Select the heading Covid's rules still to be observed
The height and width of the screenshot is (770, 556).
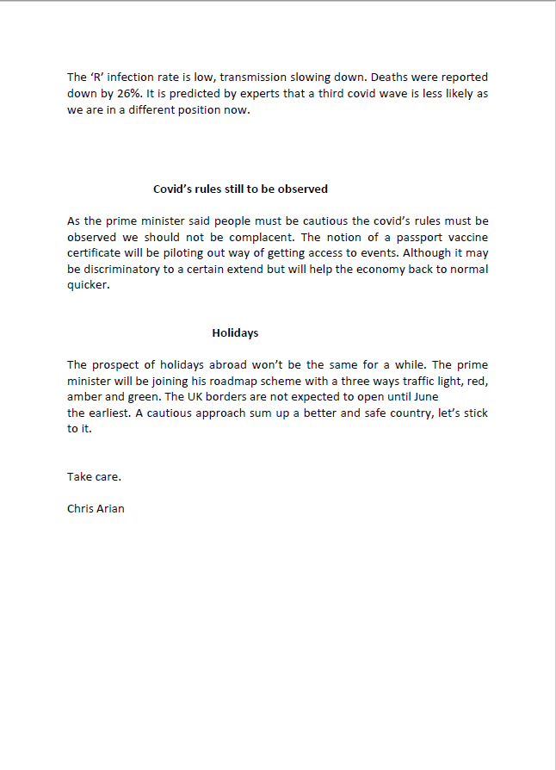[x=240, y=189]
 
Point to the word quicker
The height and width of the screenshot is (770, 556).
[x=89, y=286]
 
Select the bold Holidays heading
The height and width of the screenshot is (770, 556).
[x=235, y=332]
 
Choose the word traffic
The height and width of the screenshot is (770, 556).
[x=417, y=381]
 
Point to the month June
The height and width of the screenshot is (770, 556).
[x=423, y=397]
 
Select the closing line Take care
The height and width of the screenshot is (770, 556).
[x=94, y=476]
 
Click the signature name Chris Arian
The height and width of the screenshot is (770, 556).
[x=96, y=508]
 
